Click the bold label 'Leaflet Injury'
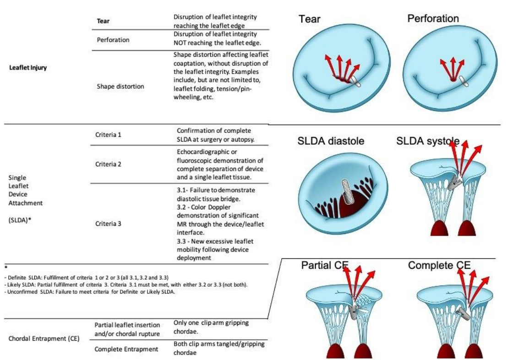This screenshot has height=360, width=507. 28,68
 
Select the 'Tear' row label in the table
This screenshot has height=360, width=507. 103,21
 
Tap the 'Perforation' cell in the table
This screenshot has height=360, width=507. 113,40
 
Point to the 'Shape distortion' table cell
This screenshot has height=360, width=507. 120,87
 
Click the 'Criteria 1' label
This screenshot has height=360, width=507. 109,135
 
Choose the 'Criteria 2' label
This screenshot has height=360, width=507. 109,164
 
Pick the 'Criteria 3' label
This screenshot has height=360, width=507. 109,224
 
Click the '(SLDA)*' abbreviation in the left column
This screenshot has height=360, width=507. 20,220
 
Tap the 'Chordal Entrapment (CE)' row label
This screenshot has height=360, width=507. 44,338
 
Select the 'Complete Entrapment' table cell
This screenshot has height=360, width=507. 126,349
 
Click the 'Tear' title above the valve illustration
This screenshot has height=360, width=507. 310,19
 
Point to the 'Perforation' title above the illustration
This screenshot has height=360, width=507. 433,18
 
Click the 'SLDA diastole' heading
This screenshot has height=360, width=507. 331,141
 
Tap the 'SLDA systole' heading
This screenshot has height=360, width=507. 428,141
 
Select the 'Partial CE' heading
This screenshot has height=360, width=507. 325,265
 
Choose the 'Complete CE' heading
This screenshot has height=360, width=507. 439,265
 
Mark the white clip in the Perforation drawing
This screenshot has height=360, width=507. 463,81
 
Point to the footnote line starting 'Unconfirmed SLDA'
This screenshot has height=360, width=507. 90,292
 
